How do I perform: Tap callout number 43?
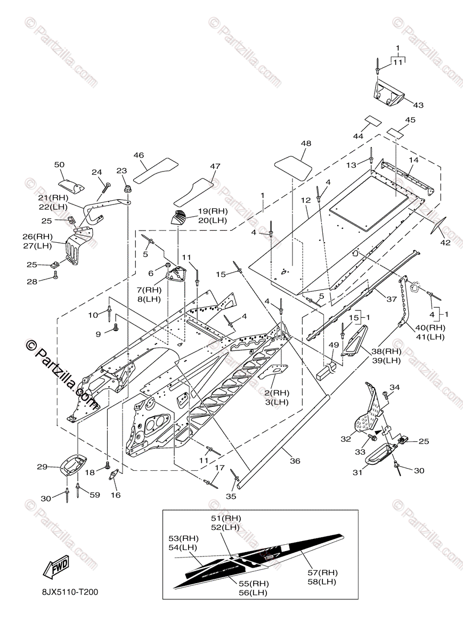tap(418, 105)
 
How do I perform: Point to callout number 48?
tap(306, 144)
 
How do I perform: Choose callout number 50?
tap(59, 165)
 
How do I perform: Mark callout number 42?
tap(445, 243)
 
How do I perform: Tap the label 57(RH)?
tap(322, 572)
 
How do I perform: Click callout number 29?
tap(43, 467)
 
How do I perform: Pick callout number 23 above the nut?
tap(122, 171)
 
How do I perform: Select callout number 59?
tap(95, 495)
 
